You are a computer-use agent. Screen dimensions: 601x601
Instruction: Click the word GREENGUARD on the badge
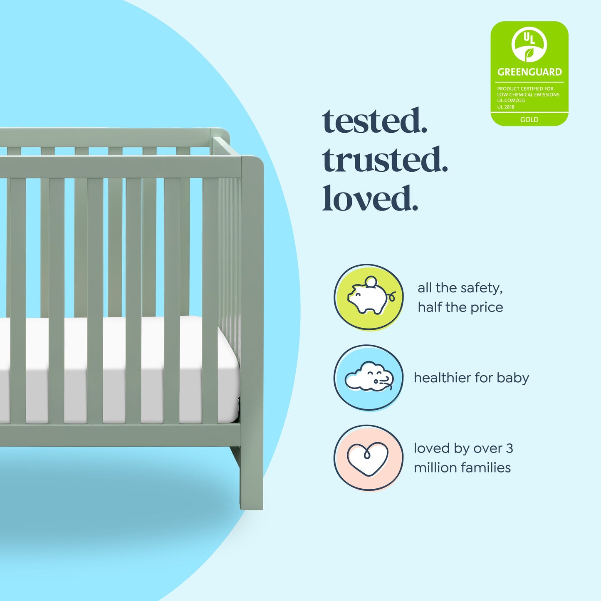[529, 72]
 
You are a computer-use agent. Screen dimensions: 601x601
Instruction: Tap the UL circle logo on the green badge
[529, 45]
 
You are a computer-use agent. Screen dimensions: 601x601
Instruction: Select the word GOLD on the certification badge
[529, 120]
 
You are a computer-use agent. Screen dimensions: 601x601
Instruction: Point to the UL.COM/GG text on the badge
[511, 101]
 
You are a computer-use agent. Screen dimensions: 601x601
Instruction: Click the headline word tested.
[374, 121]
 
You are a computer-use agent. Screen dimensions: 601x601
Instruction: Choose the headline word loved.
[370, 198]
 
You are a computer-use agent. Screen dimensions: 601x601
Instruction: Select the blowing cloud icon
[368, 377]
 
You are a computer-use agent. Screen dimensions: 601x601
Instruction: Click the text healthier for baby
[471, 378]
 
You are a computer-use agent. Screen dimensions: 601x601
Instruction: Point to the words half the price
[460, 307]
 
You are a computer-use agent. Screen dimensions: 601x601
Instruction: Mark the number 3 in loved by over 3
[509, 448]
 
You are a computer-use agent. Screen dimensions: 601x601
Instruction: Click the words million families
[462, 467]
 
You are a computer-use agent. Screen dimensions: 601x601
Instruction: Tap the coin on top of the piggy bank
[371, 282]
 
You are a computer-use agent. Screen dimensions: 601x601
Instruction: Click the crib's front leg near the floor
[252, 491]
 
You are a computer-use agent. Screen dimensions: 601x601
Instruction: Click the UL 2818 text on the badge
[506, 107]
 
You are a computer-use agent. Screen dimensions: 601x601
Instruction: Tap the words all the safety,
[460, 288]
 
